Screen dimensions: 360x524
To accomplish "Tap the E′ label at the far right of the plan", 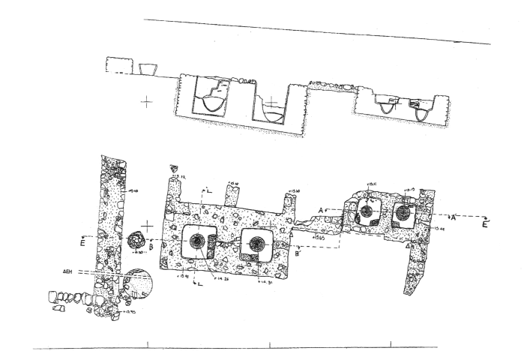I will [x=486, y=223].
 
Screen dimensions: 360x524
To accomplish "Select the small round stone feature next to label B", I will [x=137, y=240].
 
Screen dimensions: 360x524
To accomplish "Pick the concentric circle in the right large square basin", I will [x=258, y=243].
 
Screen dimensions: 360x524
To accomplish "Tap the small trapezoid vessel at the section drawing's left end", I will [x=148, y=70].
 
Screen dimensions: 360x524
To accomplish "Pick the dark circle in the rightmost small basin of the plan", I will [x=403, y=213].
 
